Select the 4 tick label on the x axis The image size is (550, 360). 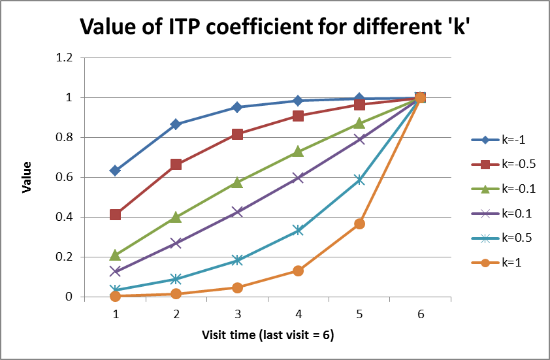click(298, 314)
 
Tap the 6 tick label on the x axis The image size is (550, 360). click(420, 314)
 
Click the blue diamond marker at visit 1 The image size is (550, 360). click(115, 171)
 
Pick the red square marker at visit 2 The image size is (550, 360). click(176, 165)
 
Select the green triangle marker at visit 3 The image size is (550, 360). click(237, 182)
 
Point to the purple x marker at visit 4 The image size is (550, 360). click(298, 177)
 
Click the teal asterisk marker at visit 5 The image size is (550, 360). click(359, 180)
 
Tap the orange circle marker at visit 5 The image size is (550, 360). click(359, 223)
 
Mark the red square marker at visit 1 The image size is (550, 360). click(115, 215)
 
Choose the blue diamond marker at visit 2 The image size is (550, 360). click(176, 124)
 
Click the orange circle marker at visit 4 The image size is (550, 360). click(298, 270)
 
